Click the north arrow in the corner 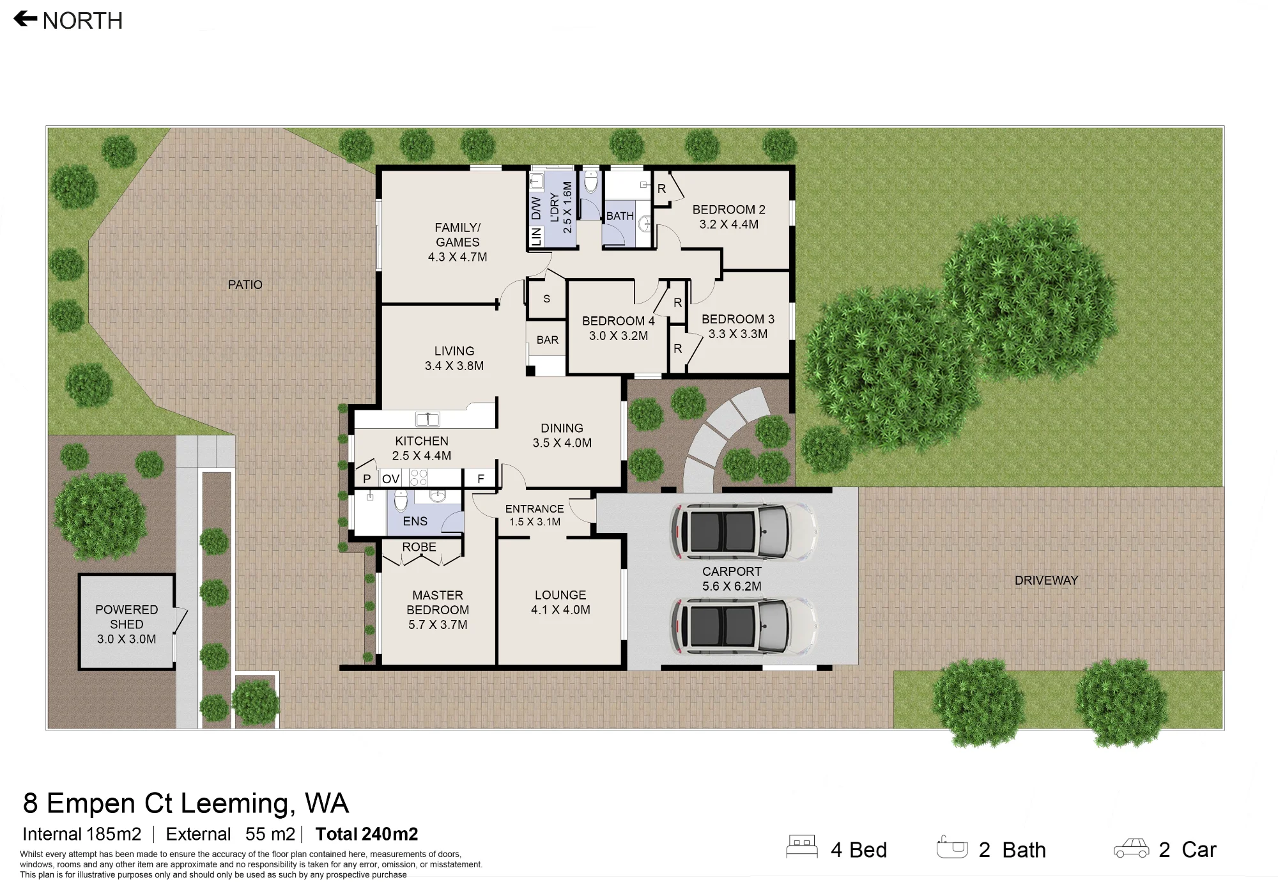(x=26, y=19)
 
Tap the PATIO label (x=245, y=284)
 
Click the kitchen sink (x=427, y=419)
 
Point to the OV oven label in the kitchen (x=390, y=479)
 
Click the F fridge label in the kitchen (x=481, y=479)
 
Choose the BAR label (x=548, y=340)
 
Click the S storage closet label (x=546, y=298)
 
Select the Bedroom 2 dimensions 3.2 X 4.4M (x=729, y=224)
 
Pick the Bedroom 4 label (x=618, y=321)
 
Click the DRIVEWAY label (x=1047, y=580)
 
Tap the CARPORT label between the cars (x=732, y=571)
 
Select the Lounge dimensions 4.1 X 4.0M (x=560, y=610)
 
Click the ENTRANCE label (x=534, y=509)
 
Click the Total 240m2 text (x=367, y=834)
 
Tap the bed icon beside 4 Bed (x=802, y=847)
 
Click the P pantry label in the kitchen (x=367, y=479)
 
